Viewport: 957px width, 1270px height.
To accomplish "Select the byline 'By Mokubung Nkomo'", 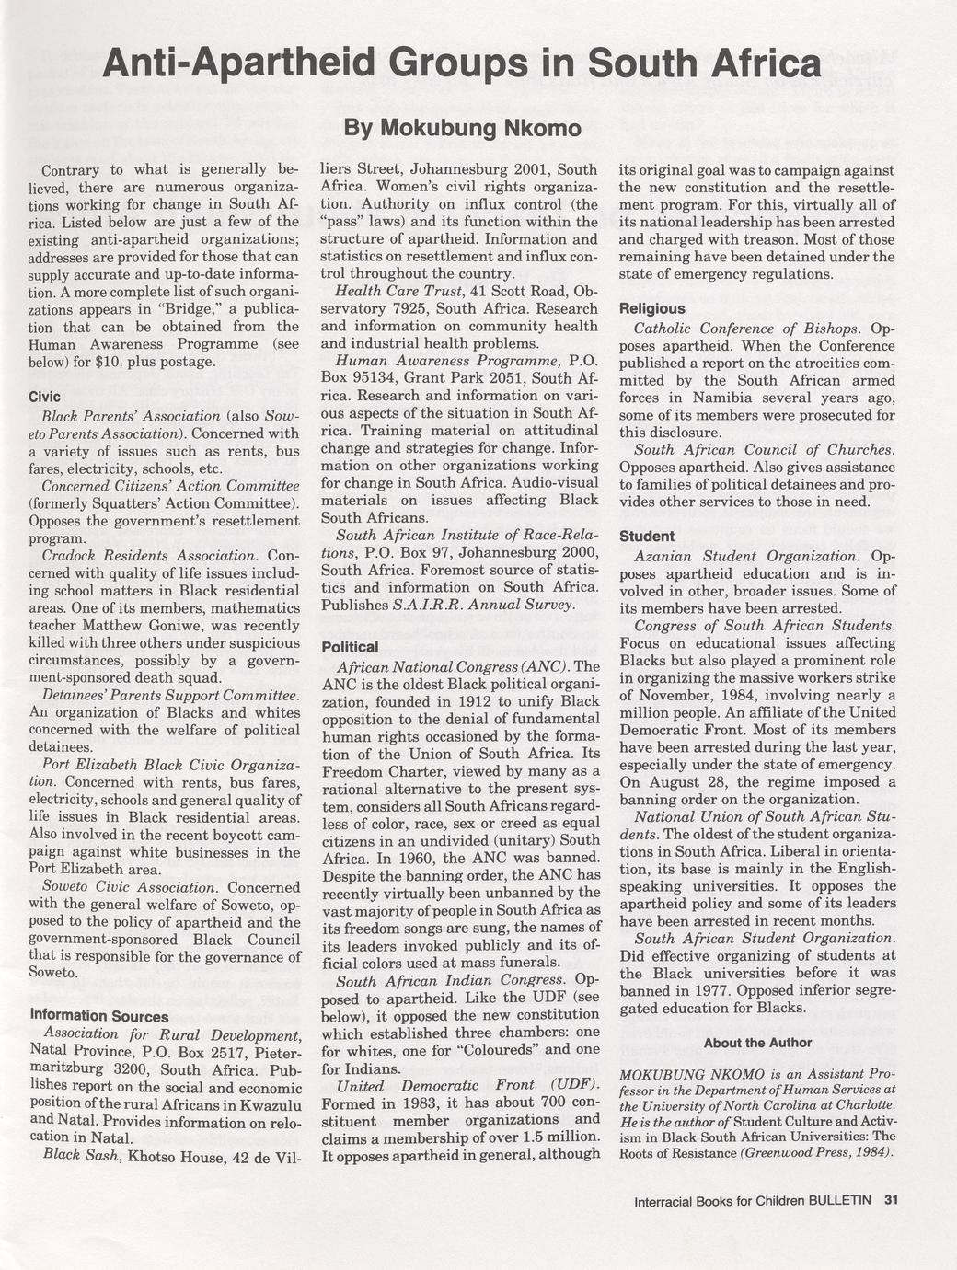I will point(463,128).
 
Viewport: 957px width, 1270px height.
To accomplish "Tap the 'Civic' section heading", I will point(45,397).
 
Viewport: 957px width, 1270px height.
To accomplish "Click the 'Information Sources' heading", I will point(99,1016).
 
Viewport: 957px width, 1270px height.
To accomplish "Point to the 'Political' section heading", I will point(350,646).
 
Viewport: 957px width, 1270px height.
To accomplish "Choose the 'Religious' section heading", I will point(651,308).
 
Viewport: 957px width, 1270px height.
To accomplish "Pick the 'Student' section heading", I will point(646,536).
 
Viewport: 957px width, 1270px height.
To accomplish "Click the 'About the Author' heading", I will point(757,1043).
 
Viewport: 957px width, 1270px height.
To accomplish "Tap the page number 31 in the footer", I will point(890,1199).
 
